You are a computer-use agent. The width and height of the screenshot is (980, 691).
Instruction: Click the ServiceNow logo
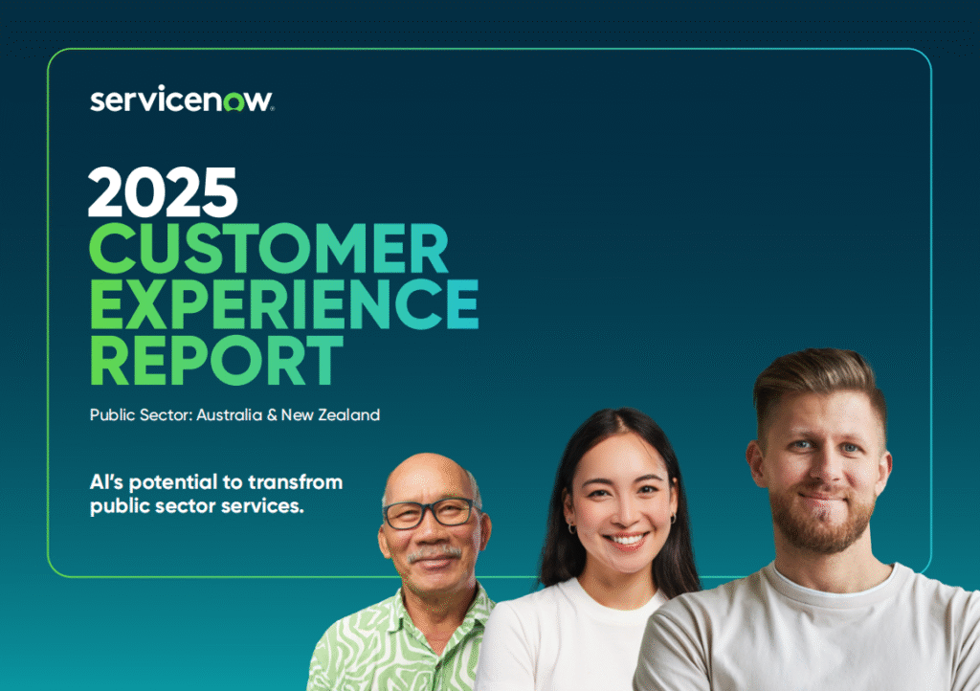182,100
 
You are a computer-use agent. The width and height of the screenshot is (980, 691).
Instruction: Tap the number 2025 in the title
163,191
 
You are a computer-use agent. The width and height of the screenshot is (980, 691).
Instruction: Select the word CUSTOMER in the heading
269,248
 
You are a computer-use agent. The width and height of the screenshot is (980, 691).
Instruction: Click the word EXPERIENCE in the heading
284,303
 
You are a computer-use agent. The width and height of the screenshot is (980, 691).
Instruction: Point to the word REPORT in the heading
217,359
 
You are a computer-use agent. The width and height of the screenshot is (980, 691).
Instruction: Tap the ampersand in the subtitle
272,415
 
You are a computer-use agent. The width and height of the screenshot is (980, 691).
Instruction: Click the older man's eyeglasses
430,512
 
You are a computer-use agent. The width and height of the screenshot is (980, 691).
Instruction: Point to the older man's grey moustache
434,553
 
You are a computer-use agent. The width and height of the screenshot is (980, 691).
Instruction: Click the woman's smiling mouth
626,539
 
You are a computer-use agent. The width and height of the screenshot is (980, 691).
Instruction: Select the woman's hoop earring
571,528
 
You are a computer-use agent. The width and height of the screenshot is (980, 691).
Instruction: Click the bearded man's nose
821,469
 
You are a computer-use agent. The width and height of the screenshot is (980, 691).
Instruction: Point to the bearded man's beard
821,522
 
